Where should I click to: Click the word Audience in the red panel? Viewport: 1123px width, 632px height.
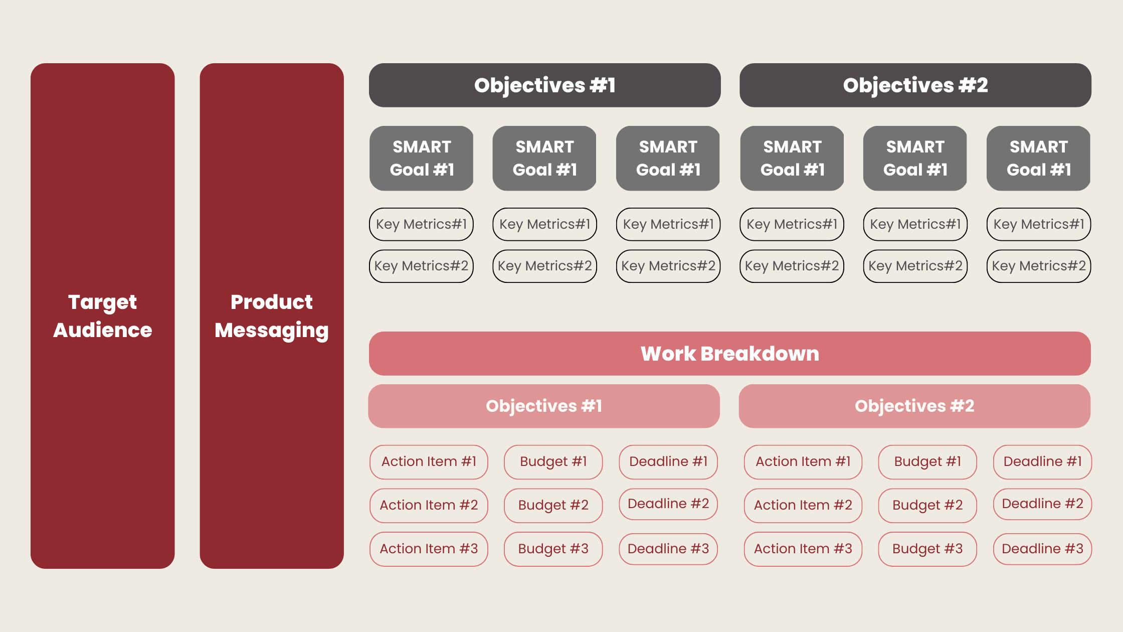coord(102,330)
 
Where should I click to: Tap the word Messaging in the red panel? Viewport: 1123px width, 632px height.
coord(271,331)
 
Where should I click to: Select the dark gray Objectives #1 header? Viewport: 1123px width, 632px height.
coord(544,85)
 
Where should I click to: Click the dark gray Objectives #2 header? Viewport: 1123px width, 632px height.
coord(915,85)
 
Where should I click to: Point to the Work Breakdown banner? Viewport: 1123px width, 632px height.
coord(729,354)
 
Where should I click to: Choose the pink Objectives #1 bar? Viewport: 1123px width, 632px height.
coord(544,406)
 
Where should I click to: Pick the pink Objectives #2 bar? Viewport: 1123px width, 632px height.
coord(914,406)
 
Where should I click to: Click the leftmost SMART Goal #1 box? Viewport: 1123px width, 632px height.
coord(422,158)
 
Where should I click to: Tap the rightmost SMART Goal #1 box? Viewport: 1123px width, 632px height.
coord(1038,158)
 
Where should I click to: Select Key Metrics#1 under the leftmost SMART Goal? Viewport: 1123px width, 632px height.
coord(421,224)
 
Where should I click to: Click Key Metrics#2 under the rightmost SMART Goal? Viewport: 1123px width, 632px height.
coord(1038,266)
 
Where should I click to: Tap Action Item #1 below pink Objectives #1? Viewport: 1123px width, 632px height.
coord(429,461)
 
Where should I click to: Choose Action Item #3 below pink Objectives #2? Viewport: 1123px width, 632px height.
coord(803,549)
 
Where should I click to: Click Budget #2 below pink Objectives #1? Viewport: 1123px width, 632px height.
coord(553,505)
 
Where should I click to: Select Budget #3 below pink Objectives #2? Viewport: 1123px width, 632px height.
coord(927,549)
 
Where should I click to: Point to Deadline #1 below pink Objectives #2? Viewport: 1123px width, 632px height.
coord(1042,461)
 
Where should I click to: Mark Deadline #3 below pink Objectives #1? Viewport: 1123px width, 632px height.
coord(668,549)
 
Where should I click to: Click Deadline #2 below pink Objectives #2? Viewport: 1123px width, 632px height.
coord(1042,504)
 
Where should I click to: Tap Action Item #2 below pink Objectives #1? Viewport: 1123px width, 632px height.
coord(429,505)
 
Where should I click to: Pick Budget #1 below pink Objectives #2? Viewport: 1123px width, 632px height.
coord(927,461)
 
